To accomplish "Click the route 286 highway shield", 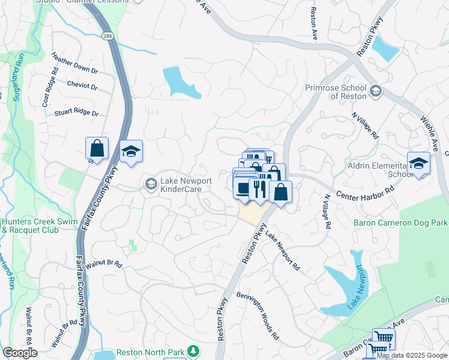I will (x=107, y=36).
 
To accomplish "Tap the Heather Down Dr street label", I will (x=74, y=65).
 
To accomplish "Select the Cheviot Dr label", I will (x=82, y=86).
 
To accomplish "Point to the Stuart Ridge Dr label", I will (x=76, y=112).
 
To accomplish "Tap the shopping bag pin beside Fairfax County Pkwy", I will (x=97, y=148).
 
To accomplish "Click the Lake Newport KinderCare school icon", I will (x=151, y=184).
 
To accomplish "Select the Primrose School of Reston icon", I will (x=376, y=91).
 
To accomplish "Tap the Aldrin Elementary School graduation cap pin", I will (x=418, y=163).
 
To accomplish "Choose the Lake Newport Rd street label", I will (x=282, y=252).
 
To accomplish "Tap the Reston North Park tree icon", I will (x=193, y=350).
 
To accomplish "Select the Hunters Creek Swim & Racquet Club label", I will (x=39, y=226).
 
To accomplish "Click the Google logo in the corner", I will (x=19, y=353).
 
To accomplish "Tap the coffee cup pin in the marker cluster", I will (x=243, y=189).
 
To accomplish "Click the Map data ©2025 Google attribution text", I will (x=412, y=355).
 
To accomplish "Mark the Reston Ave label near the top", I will (x=313, y=24).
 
